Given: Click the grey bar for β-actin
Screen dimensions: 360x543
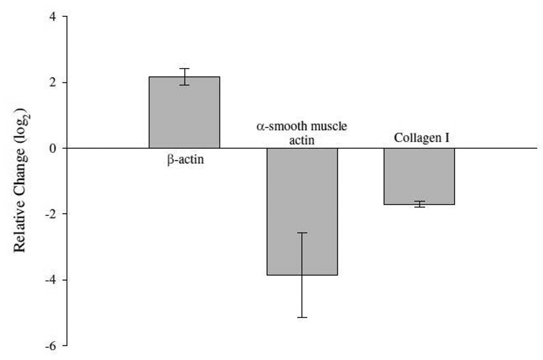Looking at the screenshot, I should (184, 112).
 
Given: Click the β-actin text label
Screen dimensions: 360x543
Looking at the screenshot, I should (185, 159).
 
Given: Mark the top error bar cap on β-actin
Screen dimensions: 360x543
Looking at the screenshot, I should (184, 69).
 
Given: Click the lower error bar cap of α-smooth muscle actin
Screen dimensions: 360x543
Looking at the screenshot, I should (302, 318).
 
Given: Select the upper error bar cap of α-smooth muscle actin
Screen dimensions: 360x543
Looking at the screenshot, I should (302, 233).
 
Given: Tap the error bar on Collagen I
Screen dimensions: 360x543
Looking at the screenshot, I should (419, 204).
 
